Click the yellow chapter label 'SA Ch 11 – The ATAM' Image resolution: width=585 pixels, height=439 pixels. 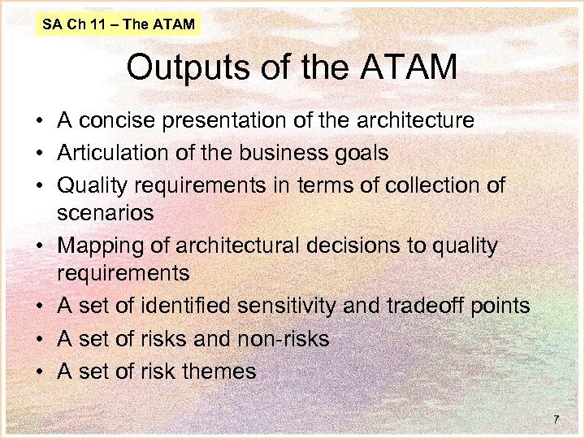[119, 24]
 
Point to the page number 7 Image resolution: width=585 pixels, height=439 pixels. [556, 419]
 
